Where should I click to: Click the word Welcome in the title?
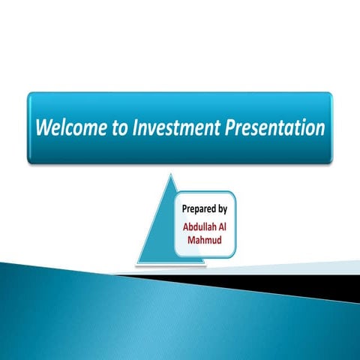coord(70,127)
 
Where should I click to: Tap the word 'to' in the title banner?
coord(120,128)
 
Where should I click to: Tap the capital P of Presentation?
coord(229,127)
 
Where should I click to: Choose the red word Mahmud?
coord(205,239)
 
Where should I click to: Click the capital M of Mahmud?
coord(190,239)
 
